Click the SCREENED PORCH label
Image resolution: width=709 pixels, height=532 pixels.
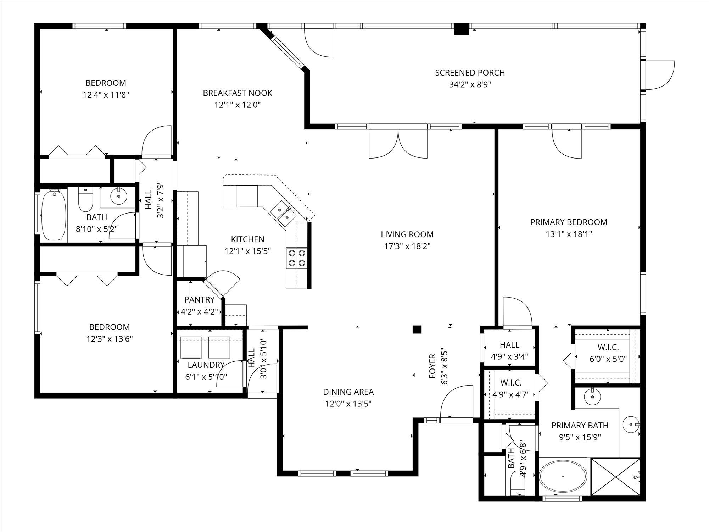pos(470,73)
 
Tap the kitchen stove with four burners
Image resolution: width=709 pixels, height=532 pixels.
pos(297,258)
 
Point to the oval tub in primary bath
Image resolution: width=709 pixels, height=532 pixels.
pos(563,477)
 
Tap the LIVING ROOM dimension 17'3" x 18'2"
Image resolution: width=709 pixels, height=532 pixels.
pos(407,246)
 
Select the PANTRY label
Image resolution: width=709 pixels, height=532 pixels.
pos(199,300)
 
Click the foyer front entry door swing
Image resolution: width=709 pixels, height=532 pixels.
pos(457,403)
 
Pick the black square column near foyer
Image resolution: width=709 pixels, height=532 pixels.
pos(417,329)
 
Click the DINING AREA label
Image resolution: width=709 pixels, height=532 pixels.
pos(348,392)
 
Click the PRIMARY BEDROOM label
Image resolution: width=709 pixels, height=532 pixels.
pos(569,222)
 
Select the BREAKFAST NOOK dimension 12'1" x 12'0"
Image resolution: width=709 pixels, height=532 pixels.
pos(238,105)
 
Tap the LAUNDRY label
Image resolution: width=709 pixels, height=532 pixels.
pos(206,365)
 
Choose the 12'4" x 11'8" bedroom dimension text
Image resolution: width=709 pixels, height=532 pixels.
pos(106,95)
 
